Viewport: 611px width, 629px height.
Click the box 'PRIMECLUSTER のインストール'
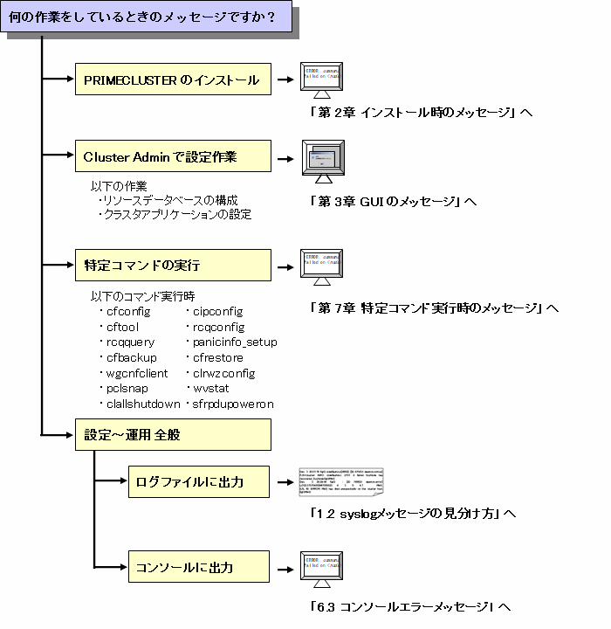tap(171, 80)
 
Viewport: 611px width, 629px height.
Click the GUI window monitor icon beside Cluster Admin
tap(326, 161)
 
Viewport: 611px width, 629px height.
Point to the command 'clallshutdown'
tap(143, 404)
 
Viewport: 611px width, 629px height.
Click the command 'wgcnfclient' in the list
tap(136, 373)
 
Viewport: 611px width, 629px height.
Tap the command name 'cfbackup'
tap(131, 357)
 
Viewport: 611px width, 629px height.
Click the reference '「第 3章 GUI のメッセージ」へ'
tap(393, 201)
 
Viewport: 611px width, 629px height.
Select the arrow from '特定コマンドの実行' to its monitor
tap(285, 264)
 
